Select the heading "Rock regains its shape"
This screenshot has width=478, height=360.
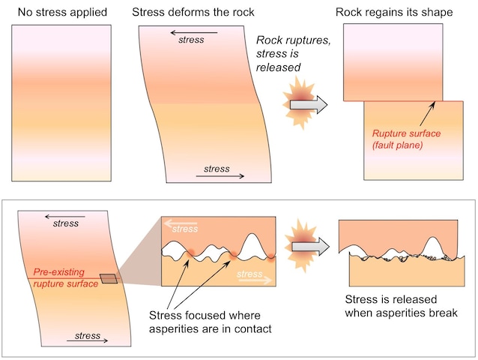394,11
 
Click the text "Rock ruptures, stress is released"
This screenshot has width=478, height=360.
293,55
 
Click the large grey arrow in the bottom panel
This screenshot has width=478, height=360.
309,245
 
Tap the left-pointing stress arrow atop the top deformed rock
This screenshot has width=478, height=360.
193,32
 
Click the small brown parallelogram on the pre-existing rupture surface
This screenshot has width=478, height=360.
109,279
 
